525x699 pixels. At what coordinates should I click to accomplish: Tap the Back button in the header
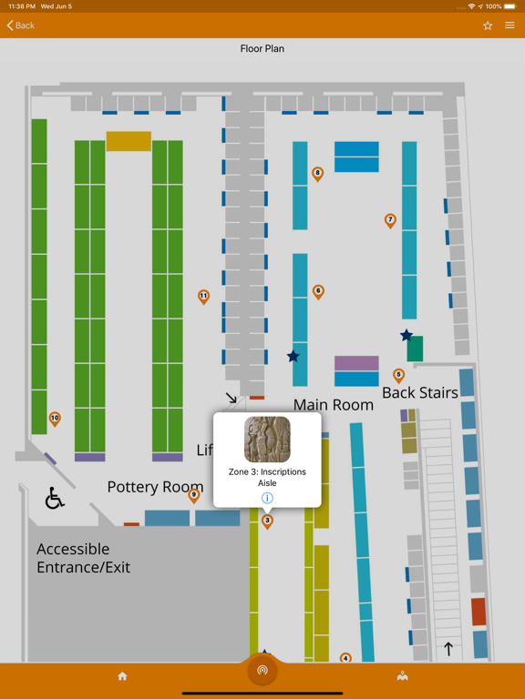[x=21, y=25]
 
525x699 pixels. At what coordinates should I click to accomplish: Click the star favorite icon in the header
[x=488, y=25]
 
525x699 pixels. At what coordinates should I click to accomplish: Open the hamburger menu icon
[x=510, y=25]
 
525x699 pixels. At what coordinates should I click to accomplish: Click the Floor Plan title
[x=262, y=49]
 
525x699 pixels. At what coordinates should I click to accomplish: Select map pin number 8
[x=317, y=173]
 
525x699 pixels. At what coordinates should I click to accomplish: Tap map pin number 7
[x=390, y=220]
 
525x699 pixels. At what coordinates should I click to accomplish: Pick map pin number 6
[x=318, y=291]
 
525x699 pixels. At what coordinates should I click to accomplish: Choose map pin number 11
[x=203, y=296]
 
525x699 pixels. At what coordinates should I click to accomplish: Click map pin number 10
[x=55, y=419]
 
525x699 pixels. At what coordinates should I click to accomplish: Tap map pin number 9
[x=193, y=495]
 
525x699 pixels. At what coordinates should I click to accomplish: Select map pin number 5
[x=398, y=375]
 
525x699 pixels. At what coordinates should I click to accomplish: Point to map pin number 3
[x=267, y=521]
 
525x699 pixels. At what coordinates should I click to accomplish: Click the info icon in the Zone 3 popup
[x=267, y=498]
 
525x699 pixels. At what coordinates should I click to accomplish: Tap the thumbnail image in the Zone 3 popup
[x=267, y=440]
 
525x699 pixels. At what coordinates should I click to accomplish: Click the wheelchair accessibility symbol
[x=55, y=498]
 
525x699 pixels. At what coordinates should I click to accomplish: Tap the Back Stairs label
[x=419, y=393]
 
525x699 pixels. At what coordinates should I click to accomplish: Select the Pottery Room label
[x=155, y=487]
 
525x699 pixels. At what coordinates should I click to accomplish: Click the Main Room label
[x=334, y=405]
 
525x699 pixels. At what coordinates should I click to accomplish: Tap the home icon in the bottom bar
[x=122, y=676]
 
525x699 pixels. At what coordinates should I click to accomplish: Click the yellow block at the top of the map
[x=129, y=141]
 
